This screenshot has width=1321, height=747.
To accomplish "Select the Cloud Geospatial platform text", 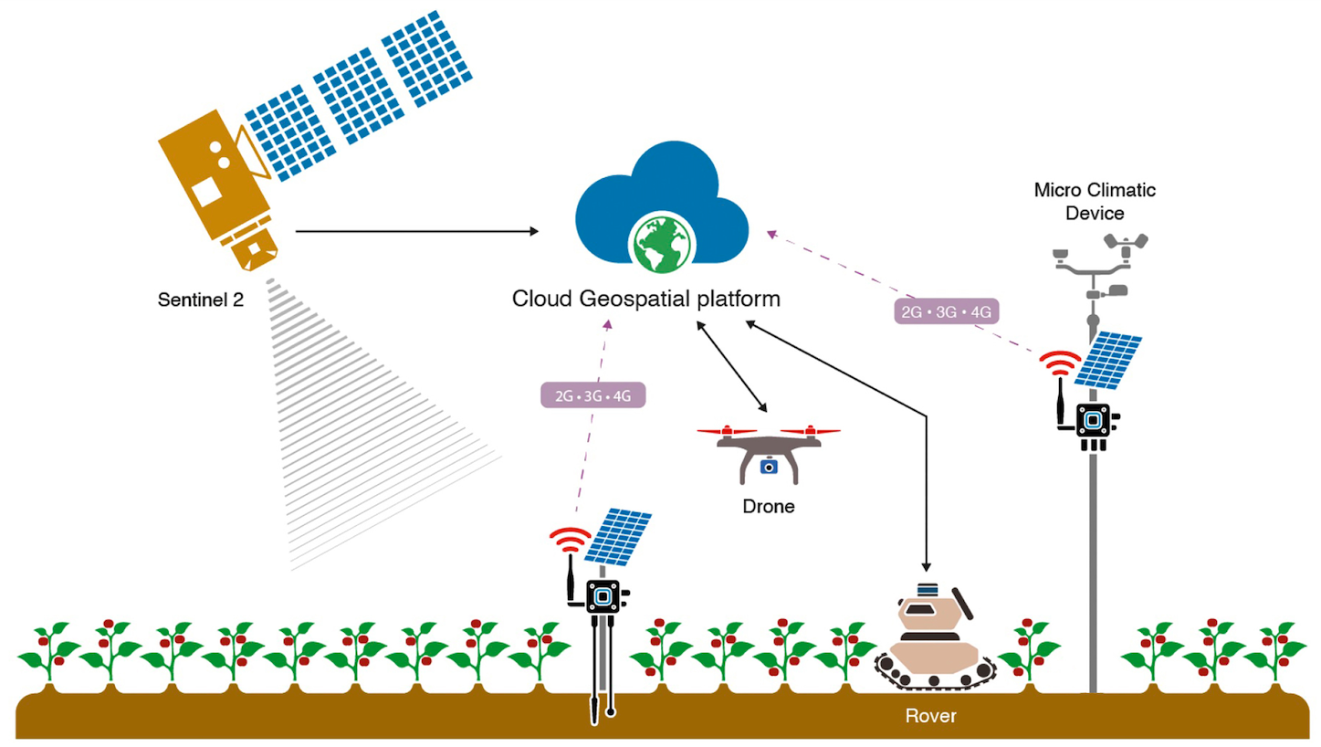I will pyautogui.click(x=646, y=299).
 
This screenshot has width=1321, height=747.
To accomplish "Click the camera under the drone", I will pyautogui.click(x=769, y=466).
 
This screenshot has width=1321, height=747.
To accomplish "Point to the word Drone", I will pyautogui.click(x=768, y=507).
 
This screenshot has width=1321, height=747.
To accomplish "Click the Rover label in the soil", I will pyautogui.click(x=930, y=716).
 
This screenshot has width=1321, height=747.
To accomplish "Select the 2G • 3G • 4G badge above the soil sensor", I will pyautogui.click(x=593, y=395).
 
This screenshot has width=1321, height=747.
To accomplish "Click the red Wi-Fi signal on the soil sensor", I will pyautogui.click(x=571, y=539).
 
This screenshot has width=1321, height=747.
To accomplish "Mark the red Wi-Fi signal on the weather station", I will pyautogui.click(x=1060, y=363).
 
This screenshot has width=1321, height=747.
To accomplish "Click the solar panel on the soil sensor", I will pyautogui.click(x=619, y=537).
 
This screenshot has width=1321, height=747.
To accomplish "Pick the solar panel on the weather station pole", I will pyautogui.click(x=1108, y=359).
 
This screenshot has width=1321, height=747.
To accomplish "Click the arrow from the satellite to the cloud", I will pyautogui.click(x=416, y=232).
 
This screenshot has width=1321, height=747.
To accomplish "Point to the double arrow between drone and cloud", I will pyautogui.click(x=732, y=364).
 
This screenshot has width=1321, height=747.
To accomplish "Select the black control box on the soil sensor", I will pyautogui.click(x=603, y=596).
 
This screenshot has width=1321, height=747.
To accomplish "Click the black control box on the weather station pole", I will pyautogui.click(x=1093, y=421).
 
